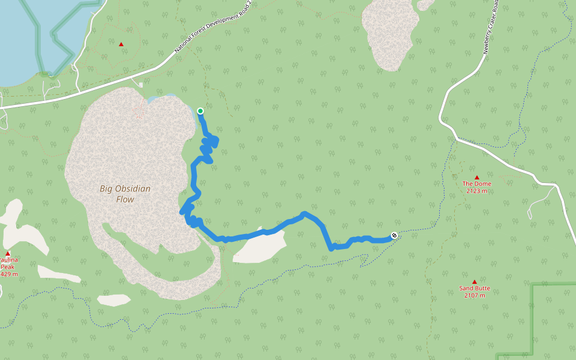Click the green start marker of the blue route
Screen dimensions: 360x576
pos(200,110)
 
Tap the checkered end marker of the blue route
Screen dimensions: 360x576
pos(394,235)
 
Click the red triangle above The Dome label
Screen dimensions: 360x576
pos(477,177)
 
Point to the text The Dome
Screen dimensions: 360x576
pos(476,184)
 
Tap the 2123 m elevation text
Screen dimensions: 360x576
pos(476,191)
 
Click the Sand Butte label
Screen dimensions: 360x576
pos(475,288)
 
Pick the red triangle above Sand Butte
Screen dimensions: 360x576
pos(474,281)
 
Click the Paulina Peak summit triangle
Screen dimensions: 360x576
pos(8,253)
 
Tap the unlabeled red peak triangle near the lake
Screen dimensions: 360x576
pos(121,44)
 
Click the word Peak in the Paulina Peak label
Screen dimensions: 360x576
pos(8,267)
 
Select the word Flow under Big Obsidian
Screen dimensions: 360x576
pos(124,199)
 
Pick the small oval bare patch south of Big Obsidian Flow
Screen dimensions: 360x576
pos(113,299)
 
